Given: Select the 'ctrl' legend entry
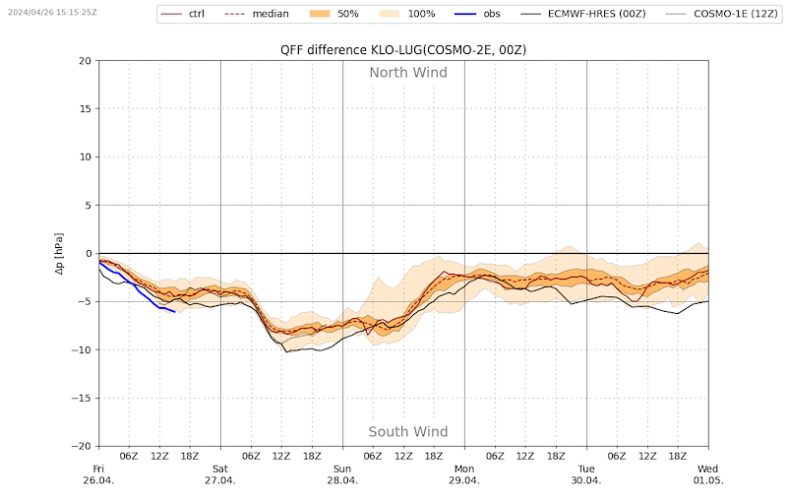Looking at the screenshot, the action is (182, 14).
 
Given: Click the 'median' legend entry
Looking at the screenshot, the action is (257, 14).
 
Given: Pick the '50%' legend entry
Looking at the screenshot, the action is (334, 14).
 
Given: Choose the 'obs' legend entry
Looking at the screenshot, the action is (478, 14).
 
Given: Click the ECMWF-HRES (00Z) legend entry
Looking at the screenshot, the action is (583, 14).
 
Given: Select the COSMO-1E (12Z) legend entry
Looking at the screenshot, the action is (722, 14).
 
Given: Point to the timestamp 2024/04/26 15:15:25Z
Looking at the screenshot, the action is (52, 12).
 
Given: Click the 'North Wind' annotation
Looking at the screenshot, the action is (408, 73).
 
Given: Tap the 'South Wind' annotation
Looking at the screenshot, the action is (408, 432).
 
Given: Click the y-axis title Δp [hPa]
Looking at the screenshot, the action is (59, 254).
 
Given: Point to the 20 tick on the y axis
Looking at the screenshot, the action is (86, 61).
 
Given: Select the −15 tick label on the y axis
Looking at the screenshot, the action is (82, 398).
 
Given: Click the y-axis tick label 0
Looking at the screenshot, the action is (90, 254).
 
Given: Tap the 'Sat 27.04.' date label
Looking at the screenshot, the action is (220, 474).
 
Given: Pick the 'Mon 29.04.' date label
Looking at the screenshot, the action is (464, 474).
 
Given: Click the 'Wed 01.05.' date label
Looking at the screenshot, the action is (708, 474).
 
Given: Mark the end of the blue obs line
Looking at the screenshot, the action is (175, 312).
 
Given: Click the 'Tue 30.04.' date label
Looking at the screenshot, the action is (586, 474).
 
